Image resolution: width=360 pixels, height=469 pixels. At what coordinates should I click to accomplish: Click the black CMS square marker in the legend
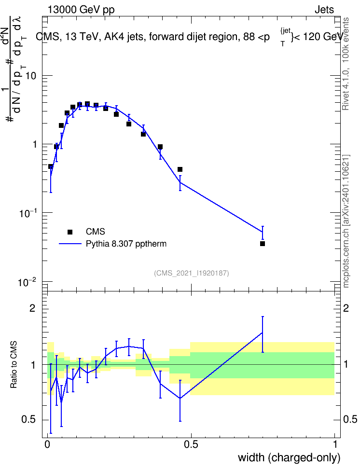[x=70, y=232]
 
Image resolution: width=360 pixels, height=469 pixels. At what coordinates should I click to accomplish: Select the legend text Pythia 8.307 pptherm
[x=126, y=244]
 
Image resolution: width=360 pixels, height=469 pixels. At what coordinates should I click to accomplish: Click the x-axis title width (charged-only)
[x=289, y=457]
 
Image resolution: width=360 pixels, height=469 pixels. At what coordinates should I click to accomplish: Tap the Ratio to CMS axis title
[x=14, y=365]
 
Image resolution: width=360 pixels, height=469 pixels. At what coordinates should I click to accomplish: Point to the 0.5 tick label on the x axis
[x=191, y=444]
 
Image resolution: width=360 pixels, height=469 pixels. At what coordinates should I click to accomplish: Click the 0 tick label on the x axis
[x=47, y=444]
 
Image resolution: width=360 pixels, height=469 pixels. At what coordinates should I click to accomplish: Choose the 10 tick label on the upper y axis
[x=30, y=76]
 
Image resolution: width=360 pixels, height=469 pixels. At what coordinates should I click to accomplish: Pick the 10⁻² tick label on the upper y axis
[x=27, y=282]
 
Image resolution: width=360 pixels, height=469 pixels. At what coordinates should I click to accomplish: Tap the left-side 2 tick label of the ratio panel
[x=32, y=308]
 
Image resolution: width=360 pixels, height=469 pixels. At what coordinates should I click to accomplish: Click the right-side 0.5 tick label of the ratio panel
[x=350, y=419]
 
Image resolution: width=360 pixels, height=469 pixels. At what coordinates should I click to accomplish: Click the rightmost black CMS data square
[x=263, y=244]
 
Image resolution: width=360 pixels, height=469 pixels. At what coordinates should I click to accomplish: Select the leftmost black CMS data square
[x=51, y=166]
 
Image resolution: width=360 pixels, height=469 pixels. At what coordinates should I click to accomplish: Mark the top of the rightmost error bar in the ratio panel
[x=263, y=317]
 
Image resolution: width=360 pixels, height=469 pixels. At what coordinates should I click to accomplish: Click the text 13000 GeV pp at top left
[x=81, y=10]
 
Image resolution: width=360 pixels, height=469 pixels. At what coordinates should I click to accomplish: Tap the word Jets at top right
[x=324, y=10]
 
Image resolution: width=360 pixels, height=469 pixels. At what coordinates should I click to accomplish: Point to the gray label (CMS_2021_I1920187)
[x=192, y=273]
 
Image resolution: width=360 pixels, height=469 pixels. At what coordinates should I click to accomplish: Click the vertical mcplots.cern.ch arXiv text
[x=346, y=221]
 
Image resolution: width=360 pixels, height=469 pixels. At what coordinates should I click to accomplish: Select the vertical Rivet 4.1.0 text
[x=346, y=64]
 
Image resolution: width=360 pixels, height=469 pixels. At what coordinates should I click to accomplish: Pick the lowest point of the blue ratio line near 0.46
[x=180, y=398]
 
